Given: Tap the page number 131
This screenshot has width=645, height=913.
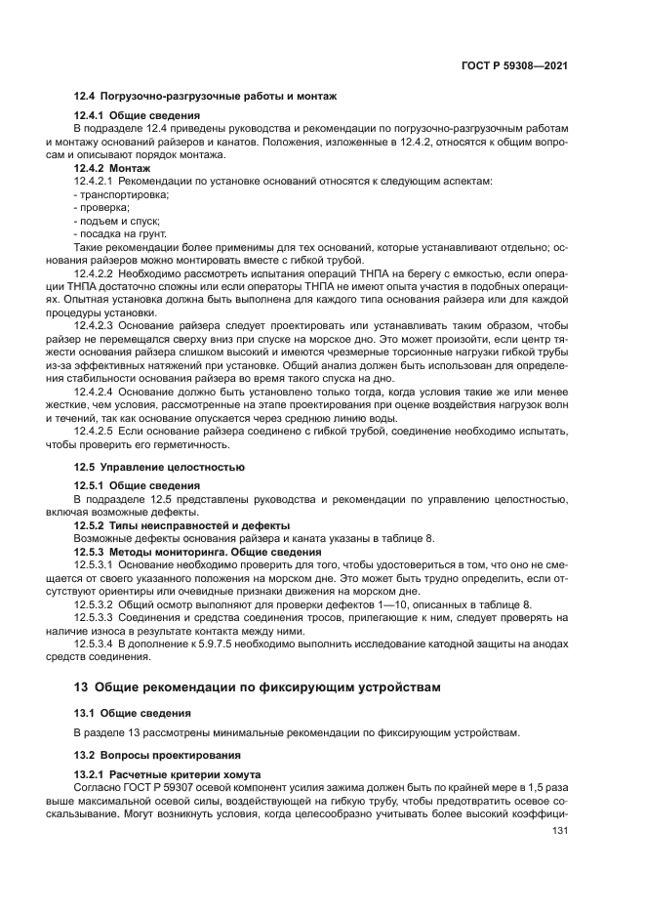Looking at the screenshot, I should click(x=560, y=831).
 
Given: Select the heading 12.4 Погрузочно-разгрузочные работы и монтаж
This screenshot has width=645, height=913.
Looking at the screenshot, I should click(x=205, y=97).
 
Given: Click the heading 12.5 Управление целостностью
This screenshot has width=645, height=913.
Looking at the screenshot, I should click(x=159, y=466).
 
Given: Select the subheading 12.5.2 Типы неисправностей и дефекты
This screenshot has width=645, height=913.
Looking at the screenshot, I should click(x=168, y=525).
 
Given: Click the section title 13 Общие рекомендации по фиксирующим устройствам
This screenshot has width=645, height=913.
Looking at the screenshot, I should click(x=258, y=686).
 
